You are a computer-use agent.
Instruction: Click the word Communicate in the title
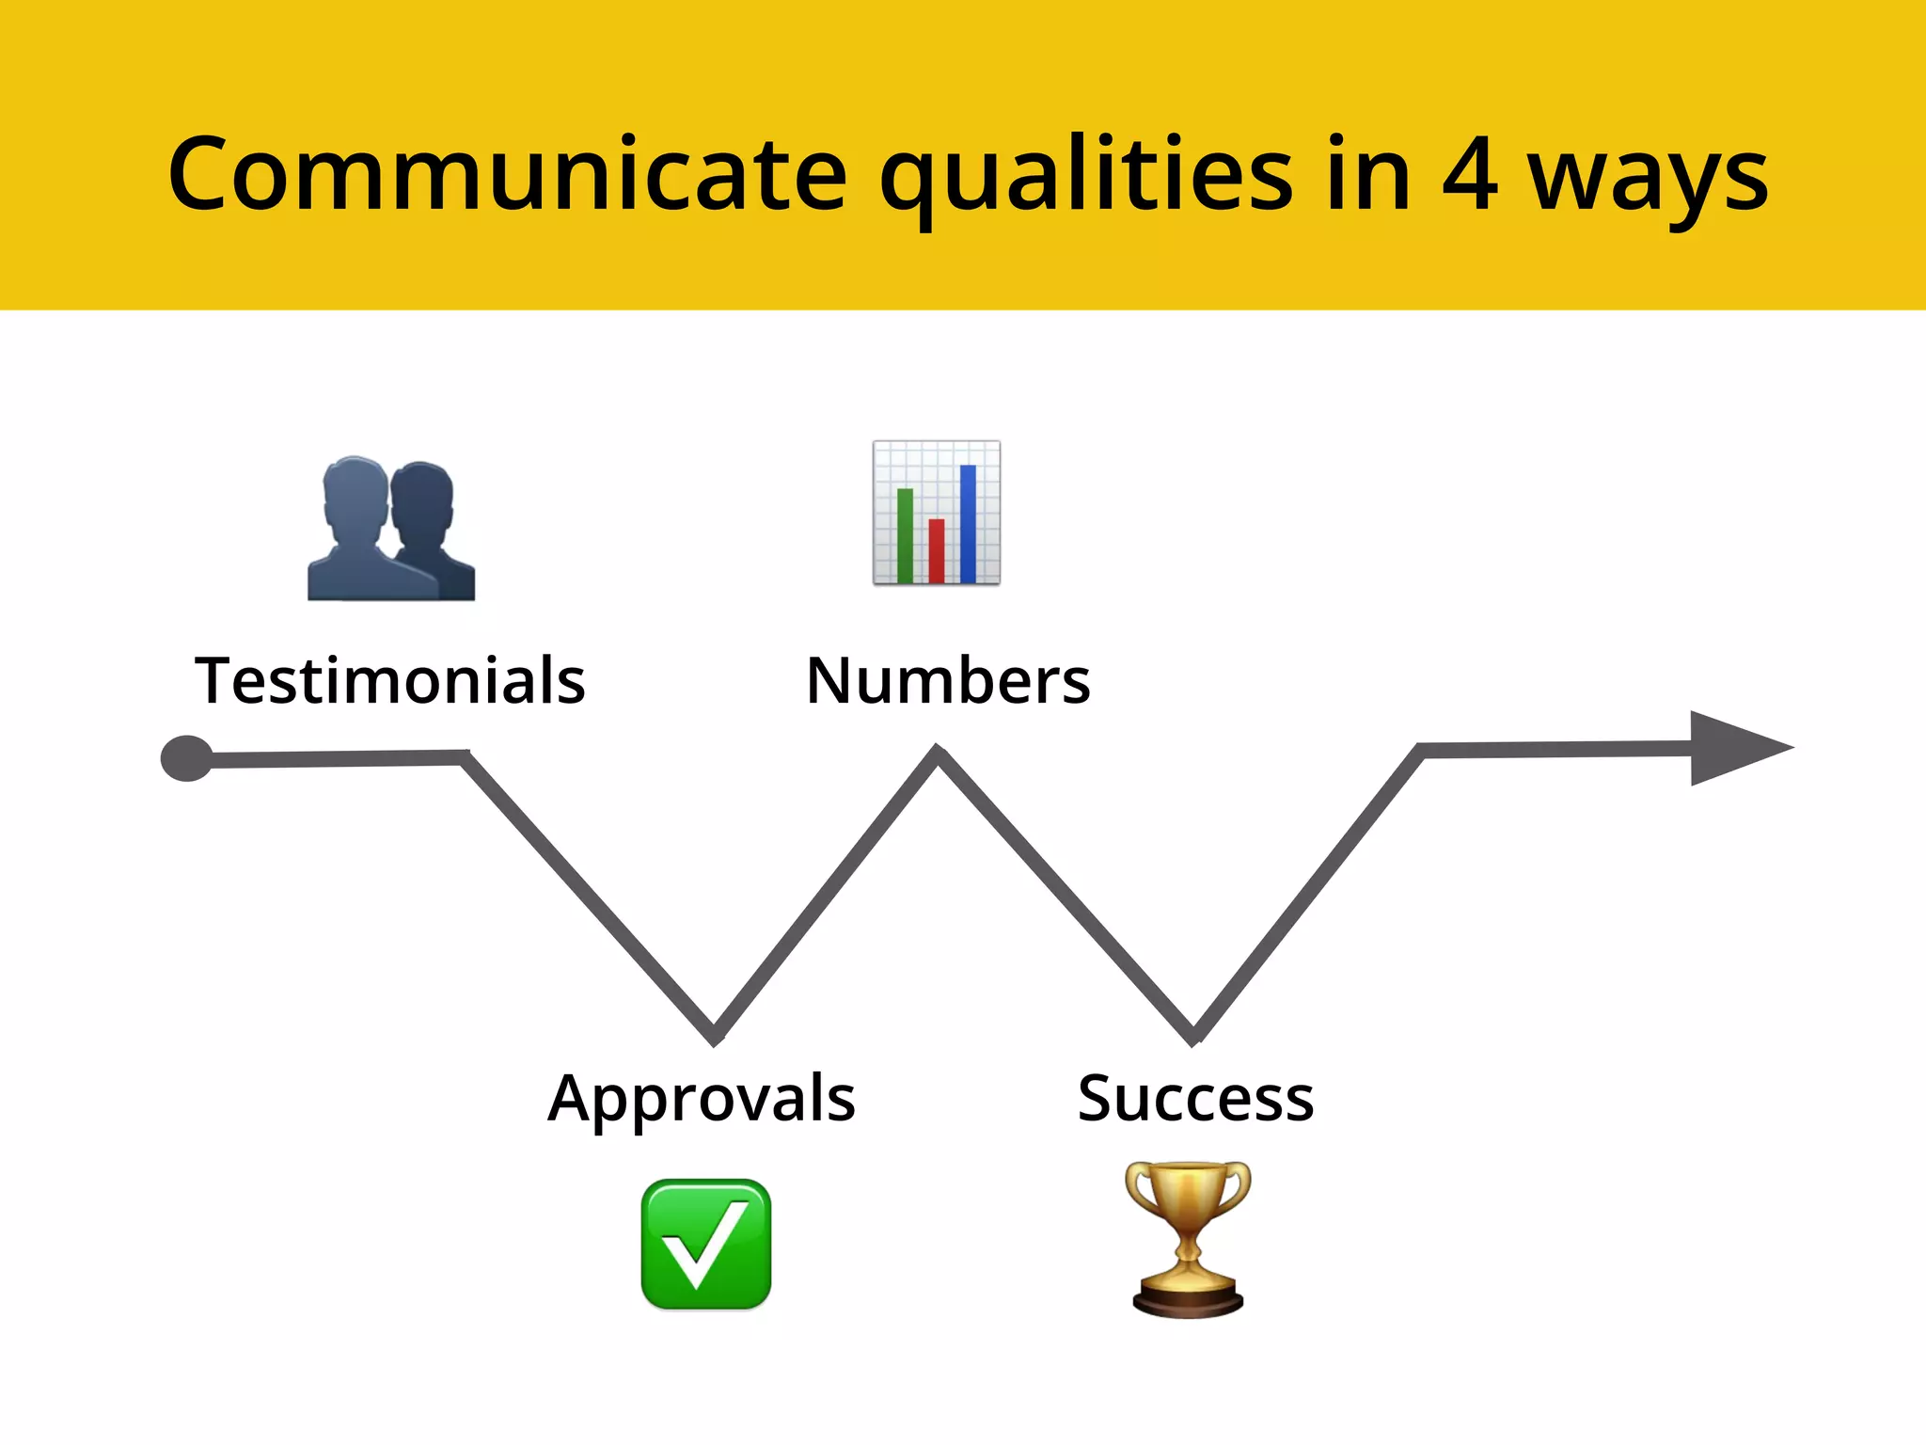pyautogui.click(x=508, y=175)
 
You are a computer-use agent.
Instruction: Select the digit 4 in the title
pyautogui.click(x=1469, y=175)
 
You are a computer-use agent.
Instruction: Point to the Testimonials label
pyautogui.click(x=390, y=680)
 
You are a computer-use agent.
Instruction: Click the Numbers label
pyautogui.click(x=948, y=680)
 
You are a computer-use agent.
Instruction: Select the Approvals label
pyautogui.click(x=702, y=1099)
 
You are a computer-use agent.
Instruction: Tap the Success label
pyautogui.click(x=1195, y=1098)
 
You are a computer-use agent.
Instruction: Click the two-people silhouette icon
pyautogui.click(x=391, y=529)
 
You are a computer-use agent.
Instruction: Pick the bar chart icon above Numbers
pyautogui.click(x=937, y=513)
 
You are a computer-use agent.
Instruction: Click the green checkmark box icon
pyautogui.click(x=706, y=1244)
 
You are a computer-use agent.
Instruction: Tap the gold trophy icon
pyautogui.click(x=1189, y=1239)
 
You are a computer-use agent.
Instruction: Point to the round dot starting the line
pyautogui.click(x=187, y=758)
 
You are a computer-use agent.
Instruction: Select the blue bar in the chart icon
pyautogui.click(x=968, y=523)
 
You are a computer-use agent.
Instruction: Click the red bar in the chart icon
pyautogui.click(x=937, y=550)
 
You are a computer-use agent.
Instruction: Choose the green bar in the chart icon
pyautogui.click(x=905, y=535)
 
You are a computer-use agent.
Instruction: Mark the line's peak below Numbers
pyautogui.click(x=938, y=755)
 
